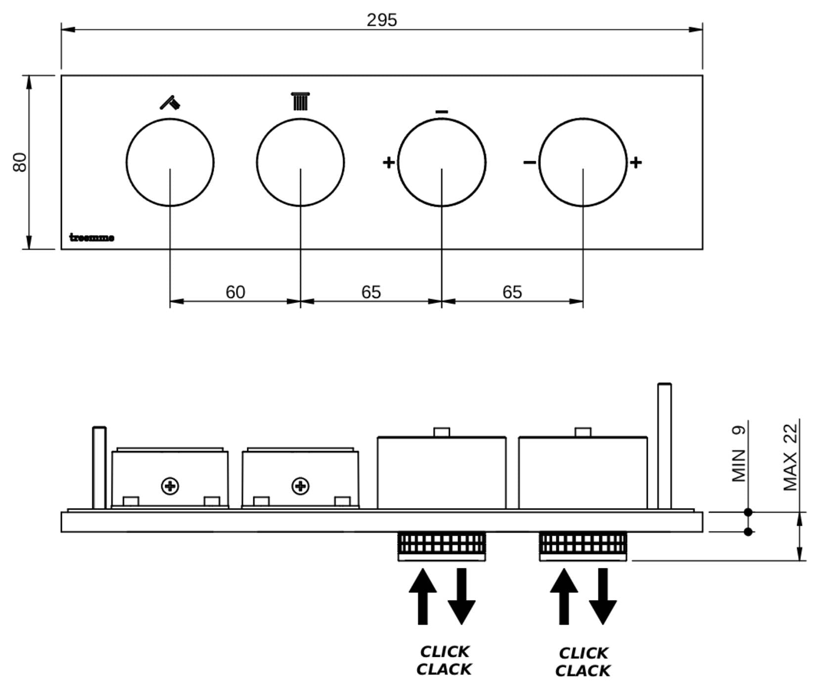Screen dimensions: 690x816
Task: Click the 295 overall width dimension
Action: (381, 20)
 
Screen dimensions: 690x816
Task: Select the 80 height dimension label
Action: (20, 162)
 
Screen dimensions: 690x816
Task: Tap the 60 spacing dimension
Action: (235, 292)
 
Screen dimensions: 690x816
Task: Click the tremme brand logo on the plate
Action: (92, 238)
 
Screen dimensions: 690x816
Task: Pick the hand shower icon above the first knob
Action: (170, 102)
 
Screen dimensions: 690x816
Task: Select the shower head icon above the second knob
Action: (300, 101)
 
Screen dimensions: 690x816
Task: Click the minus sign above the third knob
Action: (442, 112)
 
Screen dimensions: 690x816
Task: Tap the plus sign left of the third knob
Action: (389, 162)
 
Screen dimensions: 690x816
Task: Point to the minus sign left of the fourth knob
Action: (529, 162)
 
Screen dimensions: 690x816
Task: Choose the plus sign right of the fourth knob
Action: (636, 162)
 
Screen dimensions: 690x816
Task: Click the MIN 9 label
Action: (738, 454)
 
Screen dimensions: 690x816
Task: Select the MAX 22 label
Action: (790, 457)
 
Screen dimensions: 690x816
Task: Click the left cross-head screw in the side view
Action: (170, 486)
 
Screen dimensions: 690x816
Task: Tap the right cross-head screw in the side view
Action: (301, 486)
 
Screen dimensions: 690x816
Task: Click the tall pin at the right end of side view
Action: (664, 446)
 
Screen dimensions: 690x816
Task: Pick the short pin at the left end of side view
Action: (99, 468)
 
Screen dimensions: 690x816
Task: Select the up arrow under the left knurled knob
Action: (423, 596)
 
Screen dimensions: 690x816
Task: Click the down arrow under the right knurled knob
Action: (602, 596)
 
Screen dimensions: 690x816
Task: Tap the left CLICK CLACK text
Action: (444, 660)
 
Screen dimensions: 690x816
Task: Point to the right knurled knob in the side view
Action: (583, 546)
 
